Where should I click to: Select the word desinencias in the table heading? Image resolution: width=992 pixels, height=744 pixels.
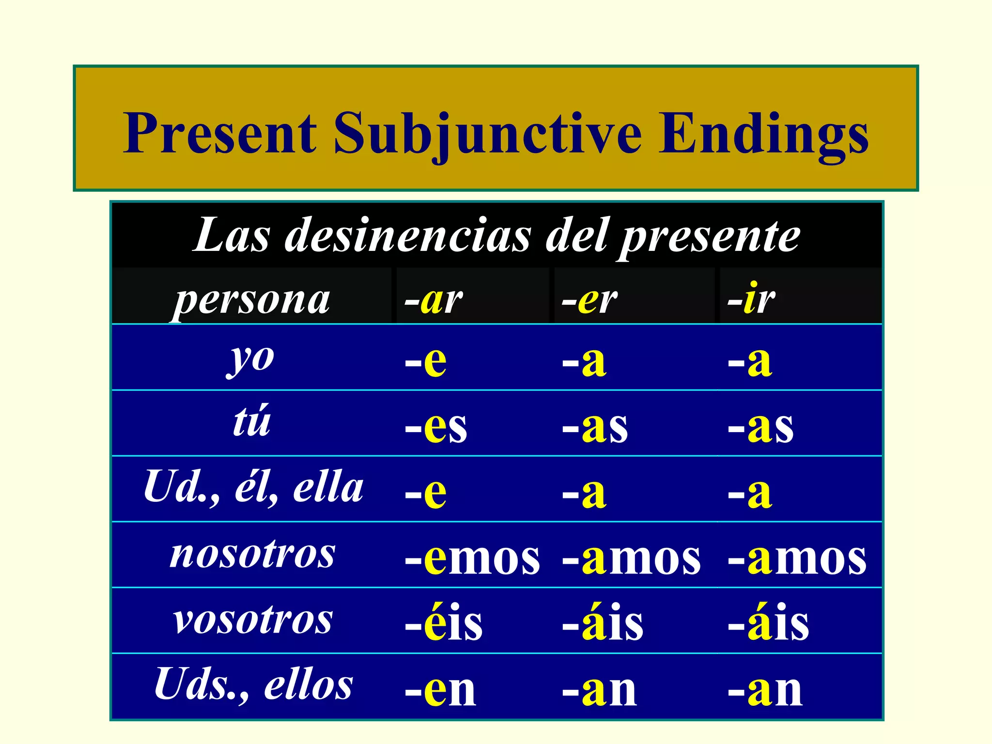[x=407, y=236]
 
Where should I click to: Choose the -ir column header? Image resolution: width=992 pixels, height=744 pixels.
[x=751, y=299]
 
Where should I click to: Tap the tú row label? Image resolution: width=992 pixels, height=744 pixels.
[x=251, y=421]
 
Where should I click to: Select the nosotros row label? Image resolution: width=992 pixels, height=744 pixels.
[x=252, y=554]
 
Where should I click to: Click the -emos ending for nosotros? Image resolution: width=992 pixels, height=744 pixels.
[x=472, y=558]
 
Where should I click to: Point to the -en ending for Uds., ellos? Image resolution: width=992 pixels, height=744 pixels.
[x=440, y=690]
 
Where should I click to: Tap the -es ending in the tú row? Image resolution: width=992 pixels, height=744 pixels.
[x=436, y=427]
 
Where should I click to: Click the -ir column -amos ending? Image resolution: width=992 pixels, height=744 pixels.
[x=797, y=558]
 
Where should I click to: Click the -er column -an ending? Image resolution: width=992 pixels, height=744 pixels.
[x=600, y=690]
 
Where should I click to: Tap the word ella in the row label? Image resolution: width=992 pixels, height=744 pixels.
[x=328, y=487]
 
